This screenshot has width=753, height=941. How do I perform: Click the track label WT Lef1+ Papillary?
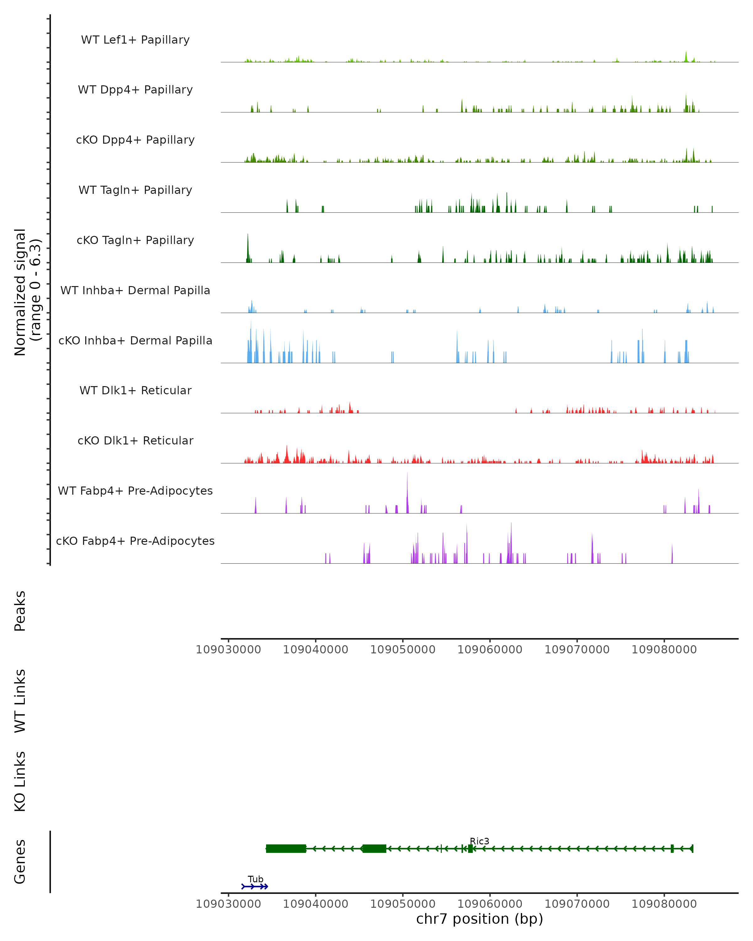click(x=135, y=40)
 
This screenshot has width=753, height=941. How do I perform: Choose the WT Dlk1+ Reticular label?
click(x=135, y=390)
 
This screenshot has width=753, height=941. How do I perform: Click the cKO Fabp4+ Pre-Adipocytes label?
click(x=135, y=541)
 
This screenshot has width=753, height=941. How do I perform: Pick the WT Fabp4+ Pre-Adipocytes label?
click(x=135, y=491)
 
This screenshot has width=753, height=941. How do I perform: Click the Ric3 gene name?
click(x=479, y=841)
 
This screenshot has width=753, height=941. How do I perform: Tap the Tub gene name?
click(x=255, y=879)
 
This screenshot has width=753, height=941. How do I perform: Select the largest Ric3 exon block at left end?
click(x=286, y=848)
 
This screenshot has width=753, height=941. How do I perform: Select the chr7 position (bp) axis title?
click(x=479, y=919)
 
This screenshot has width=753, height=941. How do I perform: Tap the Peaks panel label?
click(x=20, y=611)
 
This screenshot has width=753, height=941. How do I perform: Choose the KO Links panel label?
click(x=20, y=782)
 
